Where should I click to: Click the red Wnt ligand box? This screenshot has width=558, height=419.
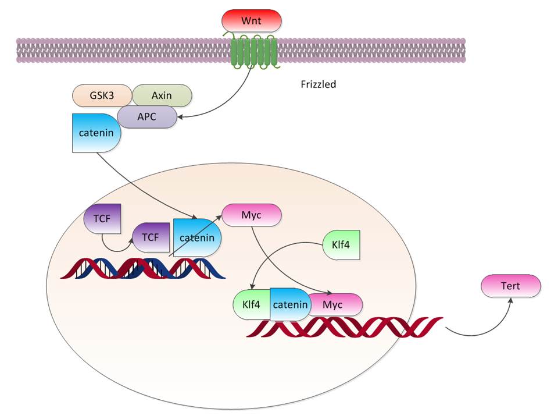pos(252,21)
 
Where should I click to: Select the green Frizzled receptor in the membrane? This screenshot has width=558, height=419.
pos(252,52)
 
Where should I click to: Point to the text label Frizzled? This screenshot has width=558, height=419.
pos(318,84)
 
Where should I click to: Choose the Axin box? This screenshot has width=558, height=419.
pos(161,95)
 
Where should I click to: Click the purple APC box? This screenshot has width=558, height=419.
pos(146,117)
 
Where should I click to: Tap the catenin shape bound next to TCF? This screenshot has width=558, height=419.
pos(196,238)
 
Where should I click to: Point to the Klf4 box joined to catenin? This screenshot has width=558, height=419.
pos(251,304)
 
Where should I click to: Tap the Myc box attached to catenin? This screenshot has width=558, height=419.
pos(336,304)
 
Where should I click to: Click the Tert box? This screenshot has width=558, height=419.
pos(511,286)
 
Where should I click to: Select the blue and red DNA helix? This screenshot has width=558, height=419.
pos(142,268)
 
